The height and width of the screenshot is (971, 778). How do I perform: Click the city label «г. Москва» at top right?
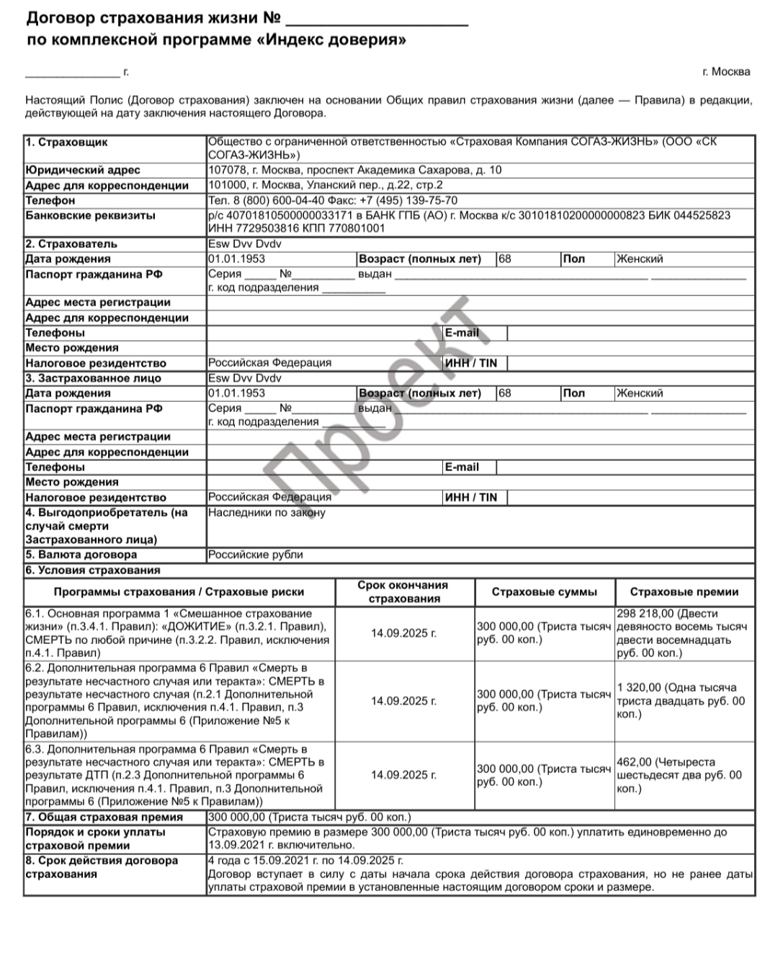[x=726, y=72]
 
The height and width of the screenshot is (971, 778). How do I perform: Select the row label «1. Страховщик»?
[x=66, y=142]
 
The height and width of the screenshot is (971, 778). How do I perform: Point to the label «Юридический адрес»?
[x=83, y=170]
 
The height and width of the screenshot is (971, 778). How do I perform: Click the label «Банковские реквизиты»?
[x=90, y=215]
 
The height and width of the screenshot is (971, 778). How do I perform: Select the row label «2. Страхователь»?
[x=71, y=244]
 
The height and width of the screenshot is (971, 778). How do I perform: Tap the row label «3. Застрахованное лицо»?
[x=93, y=378]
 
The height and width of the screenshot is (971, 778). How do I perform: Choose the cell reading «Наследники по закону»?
[x=267, y=513]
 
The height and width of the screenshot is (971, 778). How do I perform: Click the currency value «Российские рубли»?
[x=256, y=555]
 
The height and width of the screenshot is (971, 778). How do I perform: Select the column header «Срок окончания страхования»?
[x=403, y=592]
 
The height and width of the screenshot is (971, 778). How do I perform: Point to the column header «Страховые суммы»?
[x=544, y=592]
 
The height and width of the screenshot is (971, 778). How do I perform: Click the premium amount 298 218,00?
[x=645, y=614]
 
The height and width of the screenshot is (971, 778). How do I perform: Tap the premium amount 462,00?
[x=634, y=762]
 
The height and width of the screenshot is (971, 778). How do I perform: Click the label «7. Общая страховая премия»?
[x=104, y=818]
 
